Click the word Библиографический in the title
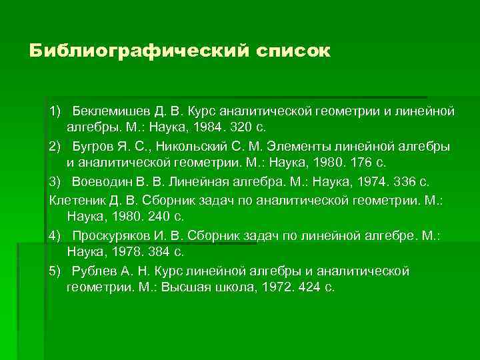[136, 51]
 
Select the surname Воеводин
[104, 181]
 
